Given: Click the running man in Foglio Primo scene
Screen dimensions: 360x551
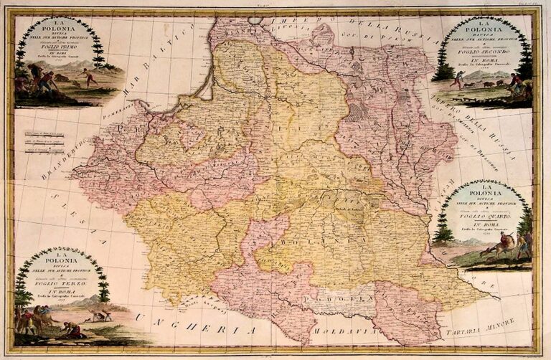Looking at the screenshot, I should (90, 77).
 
